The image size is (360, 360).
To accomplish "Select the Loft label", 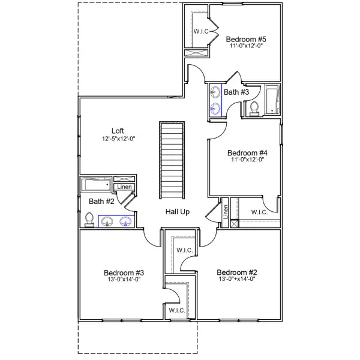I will point(118,131).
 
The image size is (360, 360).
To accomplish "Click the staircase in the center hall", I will point(171,161).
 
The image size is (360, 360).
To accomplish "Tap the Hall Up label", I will point(178,212).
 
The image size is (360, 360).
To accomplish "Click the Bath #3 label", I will point(236,92).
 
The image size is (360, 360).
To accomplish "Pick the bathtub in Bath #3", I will point(272,98).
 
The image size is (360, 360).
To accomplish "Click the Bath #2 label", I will point(101,201).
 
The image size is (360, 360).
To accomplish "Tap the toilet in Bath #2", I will point(89,220).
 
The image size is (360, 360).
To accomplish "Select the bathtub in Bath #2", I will point(97,183).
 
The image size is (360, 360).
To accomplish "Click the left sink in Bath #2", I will point(107,221).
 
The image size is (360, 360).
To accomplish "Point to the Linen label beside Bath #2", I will point(124,187).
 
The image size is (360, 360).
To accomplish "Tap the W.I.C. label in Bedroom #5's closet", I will point(200,31).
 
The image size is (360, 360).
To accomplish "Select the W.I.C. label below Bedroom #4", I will point(259,212).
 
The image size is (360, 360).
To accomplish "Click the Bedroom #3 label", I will point(124,271).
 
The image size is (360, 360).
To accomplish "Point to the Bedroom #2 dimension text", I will point(236,278).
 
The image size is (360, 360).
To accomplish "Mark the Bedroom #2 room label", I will point(236,271).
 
